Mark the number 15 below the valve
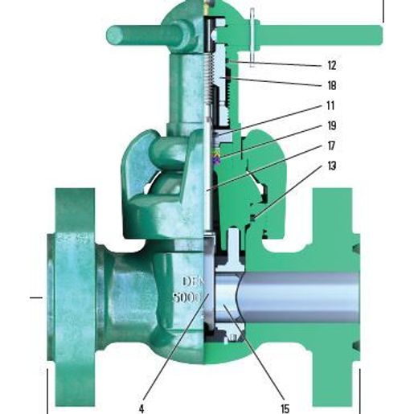pyautogui.click(x=285, y=396)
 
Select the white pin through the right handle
pyautogui.click(x=252, y=35)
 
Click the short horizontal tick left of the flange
pyautogui.click(x=35, y=297)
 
